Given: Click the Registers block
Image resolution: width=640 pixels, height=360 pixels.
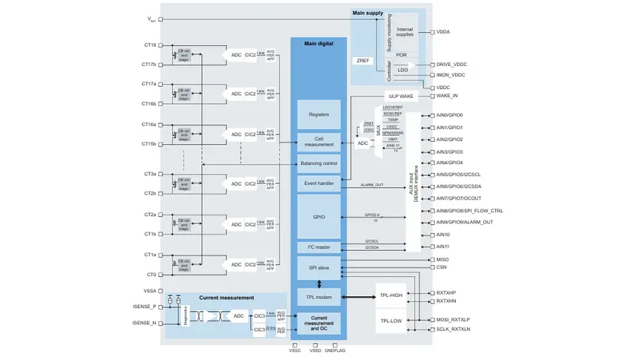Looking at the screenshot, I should (x=319, y=114).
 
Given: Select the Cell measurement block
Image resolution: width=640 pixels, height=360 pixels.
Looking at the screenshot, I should (x=319, y=140).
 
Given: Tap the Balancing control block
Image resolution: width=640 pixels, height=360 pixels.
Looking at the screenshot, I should (x=319, y=163).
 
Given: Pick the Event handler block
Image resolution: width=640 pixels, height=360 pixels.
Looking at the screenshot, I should (x=319, y=182).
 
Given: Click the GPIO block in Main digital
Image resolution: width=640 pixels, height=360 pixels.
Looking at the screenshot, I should (x=319, y=217).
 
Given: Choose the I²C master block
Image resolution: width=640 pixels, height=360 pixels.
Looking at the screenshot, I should (x=319, y=246).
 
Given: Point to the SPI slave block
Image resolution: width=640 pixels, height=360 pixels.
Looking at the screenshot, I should (x=319, y=266).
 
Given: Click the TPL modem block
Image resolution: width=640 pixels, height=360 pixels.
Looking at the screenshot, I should (x=319, y=297).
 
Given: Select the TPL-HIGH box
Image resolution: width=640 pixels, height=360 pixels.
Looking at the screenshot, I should (x=391, y=295).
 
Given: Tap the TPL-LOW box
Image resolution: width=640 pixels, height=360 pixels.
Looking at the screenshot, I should (x=391, y=321).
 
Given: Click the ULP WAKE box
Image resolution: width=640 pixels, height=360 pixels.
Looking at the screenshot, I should (x=401, y=96).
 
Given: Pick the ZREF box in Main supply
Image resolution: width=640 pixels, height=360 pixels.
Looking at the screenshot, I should (x=364, y=61).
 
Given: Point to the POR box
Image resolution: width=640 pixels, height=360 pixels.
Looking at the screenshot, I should (x=402, y=55).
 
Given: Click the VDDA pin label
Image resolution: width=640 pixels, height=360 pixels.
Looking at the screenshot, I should (x=443, y=32).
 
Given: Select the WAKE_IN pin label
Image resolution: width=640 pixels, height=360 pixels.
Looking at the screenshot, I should (x=447, y=96).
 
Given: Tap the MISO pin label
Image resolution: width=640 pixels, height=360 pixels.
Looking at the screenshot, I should (x=443, y=259).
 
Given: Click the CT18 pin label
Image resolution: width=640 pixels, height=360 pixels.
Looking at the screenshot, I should (x=149, y=45).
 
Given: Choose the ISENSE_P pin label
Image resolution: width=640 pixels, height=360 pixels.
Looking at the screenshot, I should (x=144, y=307).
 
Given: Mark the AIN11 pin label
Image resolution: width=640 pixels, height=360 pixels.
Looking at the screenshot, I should (x=443, y=246).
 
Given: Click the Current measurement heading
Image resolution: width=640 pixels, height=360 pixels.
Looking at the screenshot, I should (x=226, y=298).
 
